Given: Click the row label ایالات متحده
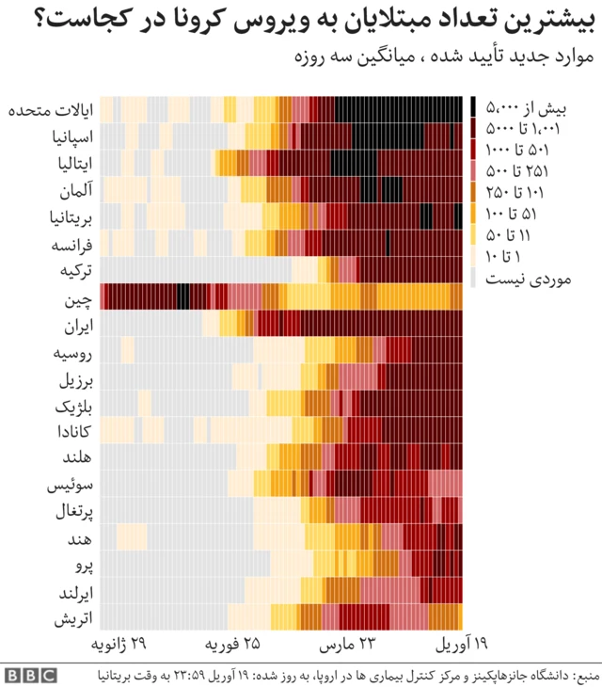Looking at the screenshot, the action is click(x=51, y=110).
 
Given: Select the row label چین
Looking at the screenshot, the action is click(x=79, y=300).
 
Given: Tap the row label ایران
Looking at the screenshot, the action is click(x=79, y=327).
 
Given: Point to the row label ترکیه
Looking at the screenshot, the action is click(x=76, y=271).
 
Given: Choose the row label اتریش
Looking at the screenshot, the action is click(x=73, y=618).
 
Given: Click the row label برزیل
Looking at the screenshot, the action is click(x=76, y=380).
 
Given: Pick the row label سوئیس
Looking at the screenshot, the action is click(x=71, y=486).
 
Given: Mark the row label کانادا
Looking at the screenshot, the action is click(x=74, y=432).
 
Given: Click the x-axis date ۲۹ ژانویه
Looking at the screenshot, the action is click(x=119, y=644).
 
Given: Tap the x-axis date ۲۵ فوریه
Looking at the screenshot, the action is click(x=232, y=644).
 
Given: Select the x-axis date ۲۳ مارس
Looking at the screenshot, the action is click(x=347, y=644).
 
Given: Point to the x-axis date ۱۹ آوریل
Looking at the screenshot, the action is click(x=462, y=644).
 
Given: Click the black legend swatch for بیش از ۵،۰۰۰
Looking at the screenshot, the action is click(x=473, y=107).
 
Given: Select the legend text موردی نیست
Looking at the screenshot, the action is click(x=529, y=280).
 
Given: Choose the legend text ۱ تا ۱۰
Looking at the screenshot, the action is click(x=502, y=256).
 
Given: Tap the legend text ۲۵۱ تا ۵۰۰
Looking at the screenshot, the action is click(x=516, y=171).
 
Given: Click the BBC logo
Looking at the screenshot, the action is click(x=31, y=675).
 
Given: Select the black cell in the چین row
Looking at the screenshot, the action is click(x=183, y=296).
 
